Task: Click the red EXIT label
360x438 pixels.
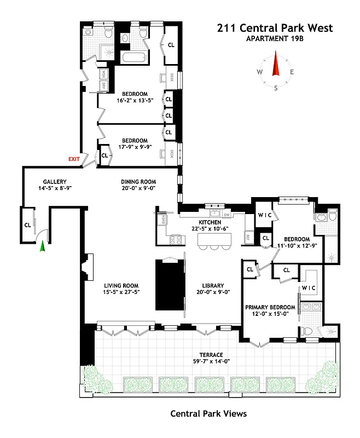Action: coord(74,159)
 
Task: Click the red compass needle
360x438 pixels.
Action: coord(276,66)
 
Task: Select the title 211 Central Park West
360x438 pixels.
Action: coord(274,28)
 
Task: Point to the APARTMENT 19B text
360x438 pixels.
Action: coord(274,38)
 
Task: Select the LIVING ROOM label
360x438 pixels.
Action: coord(121,285)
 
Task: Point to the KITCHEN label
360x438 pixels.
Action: coord(210,222)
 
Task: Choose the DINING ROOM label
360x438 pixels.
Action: coord(138,182)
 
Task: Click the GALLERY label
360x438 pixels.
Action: coord(55,182)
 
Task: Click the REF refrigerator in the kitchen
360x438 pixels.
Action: coord(247,237)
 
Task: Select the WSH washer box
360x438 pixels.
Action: coord(103,74)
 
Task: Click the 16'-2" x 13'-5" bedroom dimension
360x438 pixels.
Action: coord(135,100)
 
